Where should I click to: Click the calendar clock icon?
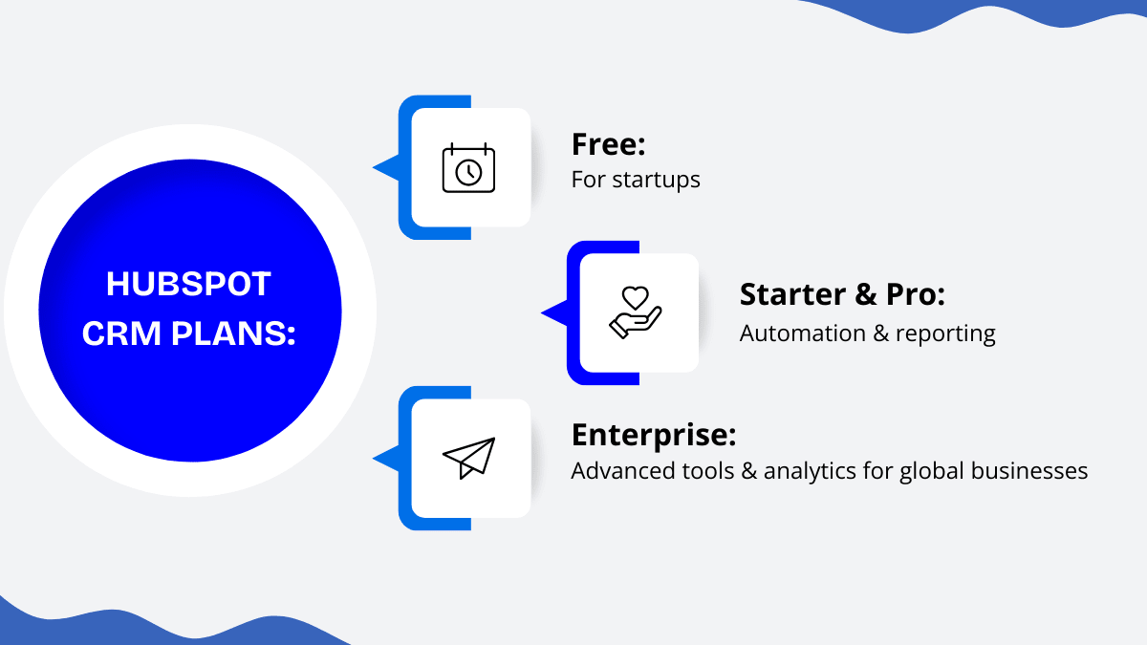click(468, 167)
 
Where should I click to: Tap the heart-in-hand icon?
click(636, 312)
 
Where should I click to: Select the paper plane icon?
click(468, 458)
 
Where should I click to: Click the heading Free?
click(608, 144)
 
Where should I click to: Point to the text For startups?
click(636, 180)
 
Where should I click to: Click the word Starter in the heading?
click(792, 294)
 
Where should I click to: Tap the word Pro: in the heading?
click(916, 294)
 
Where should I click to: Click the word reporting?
click(945, 334)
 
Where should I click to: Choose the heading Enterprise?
click(654, 436)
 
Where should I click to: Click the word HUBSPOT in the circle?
click(188, 284)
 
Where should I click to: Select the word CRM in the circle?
click(121, 333)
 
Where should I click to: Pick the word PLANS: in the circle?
click(233, 333)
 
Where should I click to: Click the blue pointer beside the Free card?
click(386, 167)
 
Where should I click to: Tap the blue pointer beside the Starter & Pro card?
click(555, 312)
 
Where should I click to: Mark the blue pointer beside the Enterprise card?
click(386, 458)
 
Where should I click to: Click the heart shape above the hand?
click(636, 297)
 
